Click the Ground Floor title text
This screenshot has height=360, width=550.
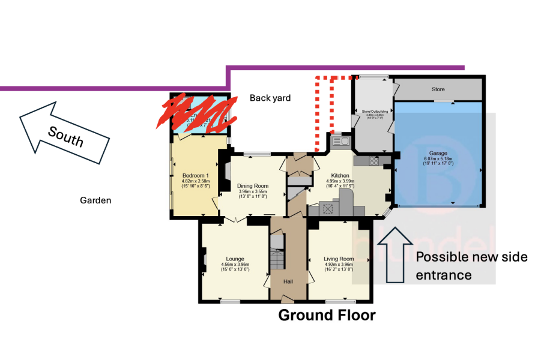pyautogui.click(x=327, y=315)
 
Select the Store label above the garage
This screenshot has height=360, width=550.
pyautogui.click(x=438, y=89)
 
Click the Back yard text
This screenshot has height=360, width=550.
pyautogui.click(x=270, y=98)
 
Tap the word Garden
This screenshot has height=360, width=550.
pyautogui.click(x=95, y=200)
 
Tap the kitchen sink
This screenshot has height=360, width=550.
pyautogui.click(x=340, y=142)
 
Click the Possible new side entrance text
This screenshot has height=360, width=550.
pyautogui.click(x=471, y=265)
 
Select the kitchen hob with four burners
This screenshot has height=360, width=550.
pyautogui.click(x=328, y=209)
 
